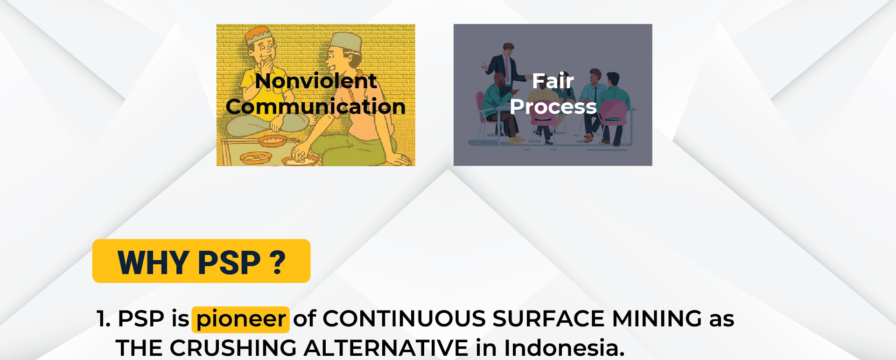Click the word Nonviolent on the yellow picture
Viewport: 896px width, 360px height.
coord(316,81)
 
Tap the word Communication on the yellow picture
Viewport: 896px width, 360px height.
coord(316,106)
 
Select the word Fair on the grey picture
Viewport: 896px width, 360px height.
coord(553,81)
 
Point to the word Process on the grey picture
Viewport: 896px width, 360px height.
coord(553,106)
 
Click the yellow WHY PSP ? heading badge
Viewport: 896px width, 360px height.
coord(201,261)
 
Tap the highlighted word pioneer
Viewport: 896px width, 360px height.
coord(241,319)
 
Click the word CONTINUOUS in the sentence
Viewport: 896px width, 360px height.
coord(405,319)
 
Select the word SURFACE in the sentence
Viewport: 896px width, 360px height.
coord(549,319)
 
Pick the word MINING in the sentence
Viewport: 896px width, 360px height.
coord(657,319)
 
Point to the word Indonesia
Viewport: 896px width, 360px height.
coord(564,348)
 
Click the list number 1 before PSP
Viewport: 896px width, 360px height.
coord(103,319)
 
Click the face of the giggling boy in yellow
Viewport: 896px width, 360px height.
coord(264,49)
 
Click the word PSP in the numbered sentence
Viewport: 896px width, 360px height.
coord(141,319)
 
